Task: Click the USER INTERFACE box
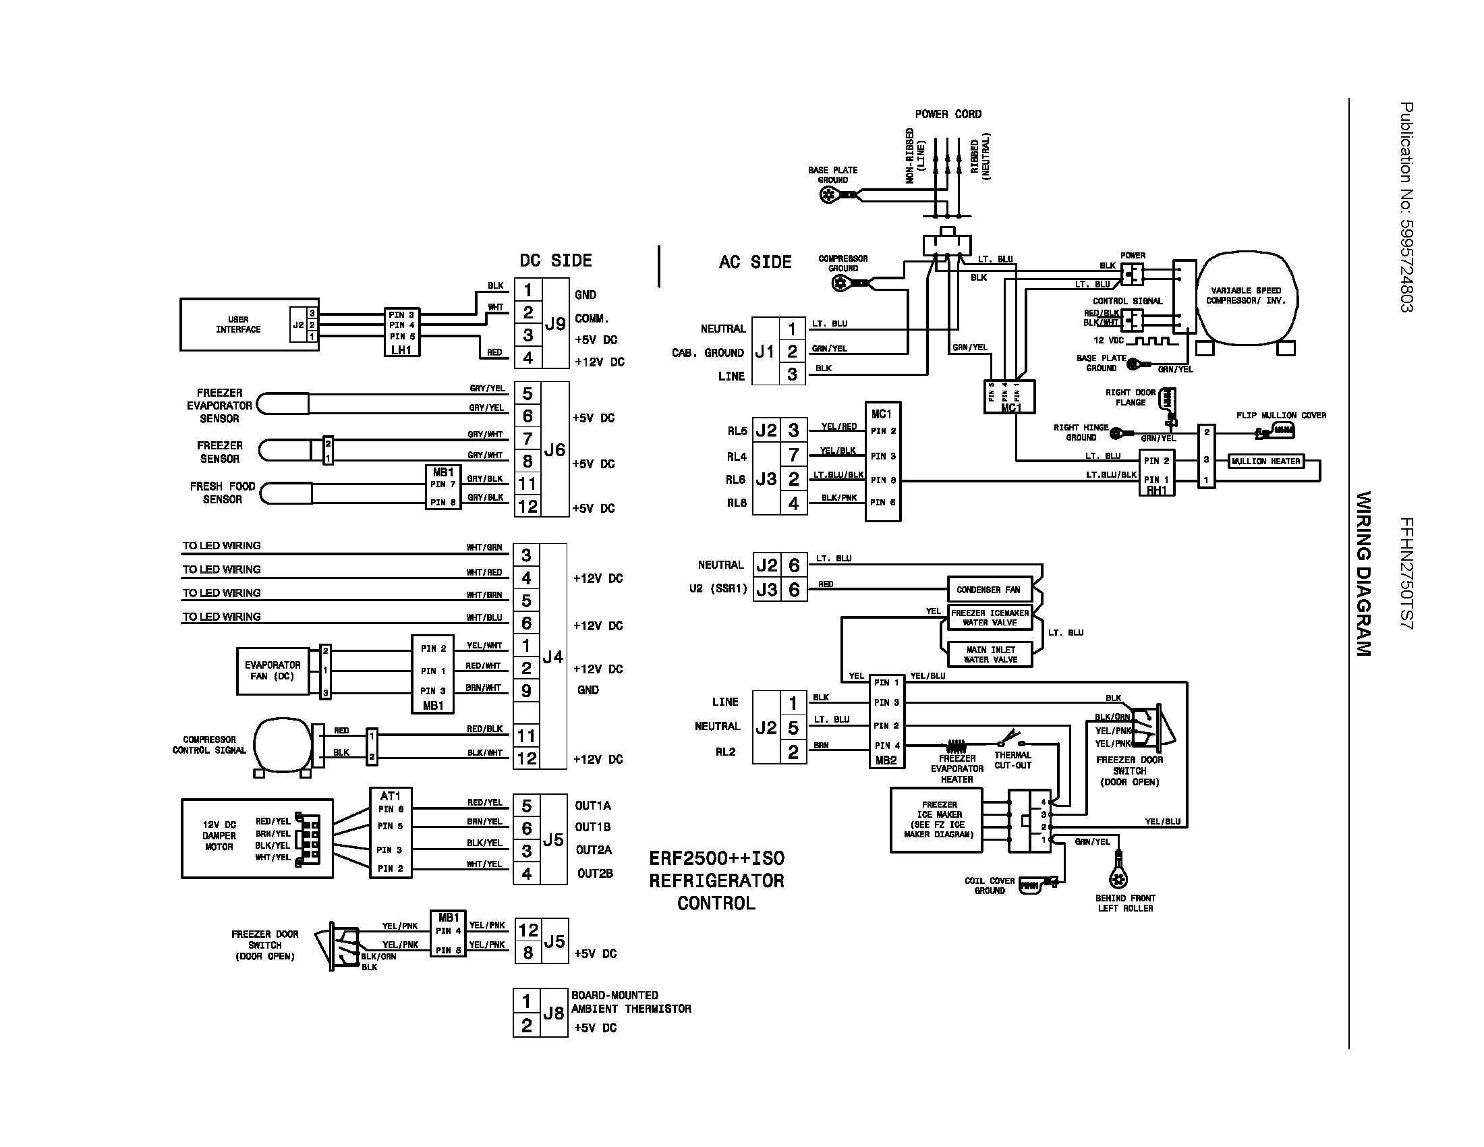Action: coord(238,325)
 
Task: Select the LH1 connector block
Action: coord(401,332)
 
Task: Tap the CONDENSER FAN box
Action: coord(989,590)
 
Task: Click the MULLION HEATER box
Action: coord(1266,461)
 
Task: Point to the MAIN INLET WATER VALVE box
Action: coord(990,654)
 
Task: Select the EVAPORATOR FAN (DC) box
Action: coord(273,671)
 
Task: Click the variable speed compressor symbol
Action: coord(1246,296)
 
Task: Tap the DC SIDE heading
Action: coord(555,261)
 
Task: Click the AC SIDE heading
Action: coord(755,262)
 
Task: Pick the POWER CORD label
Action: coord(948,114)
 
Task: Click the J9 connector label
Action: coord(554,324)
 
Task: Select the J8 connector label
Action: coord(553,1013)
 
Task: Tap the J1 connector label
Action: coord(765,352)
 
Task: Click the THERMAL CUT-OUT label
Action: coord(1012,760)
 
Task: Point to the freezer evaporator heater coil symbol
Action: coord(956,746)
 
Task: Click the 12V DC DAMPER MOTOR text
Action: coord(219,836)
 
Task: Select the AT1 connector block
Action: coord(391,833)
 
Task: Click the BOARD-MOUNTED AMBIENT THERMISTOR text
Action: coord(631,1002)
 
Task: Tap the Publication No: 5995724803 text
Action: coord(1406,207)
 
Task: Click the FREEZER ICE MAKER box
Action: coord(939,820)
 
